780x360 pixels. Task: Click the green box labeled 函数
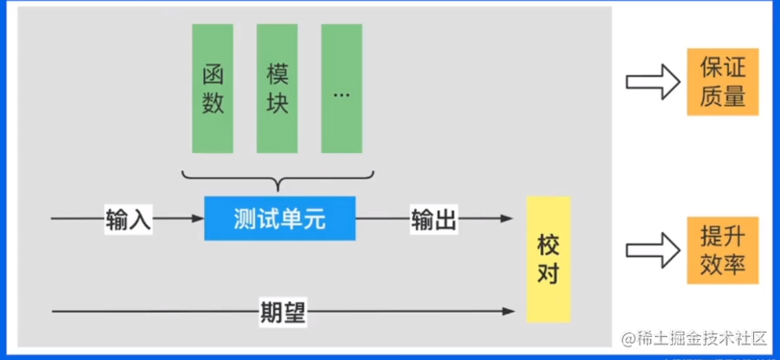pos(212,89)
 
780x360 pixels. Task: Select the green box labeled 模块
pos(276,89)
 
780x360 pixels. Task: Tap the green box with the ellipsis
pos(341,89)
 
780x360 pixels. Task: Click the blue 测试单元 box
pos(279,219)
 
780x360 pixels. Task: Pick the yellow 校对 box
pos(548,259)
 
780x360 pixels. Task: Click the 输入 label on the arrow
pos(129,219)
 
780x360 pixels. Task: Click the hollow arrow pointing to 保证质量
pos(653,82)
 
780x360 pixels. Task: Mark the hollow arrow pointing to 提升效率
pos(653,249)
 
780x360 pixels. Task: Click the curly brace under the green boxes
pos(277,179)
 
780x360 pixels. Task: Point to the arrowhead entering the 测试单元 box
pos(198,219)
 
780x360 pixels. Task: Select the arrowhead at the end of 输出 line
pos(507,219)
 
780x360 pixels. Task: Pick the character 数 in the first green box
pos(213,103)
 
